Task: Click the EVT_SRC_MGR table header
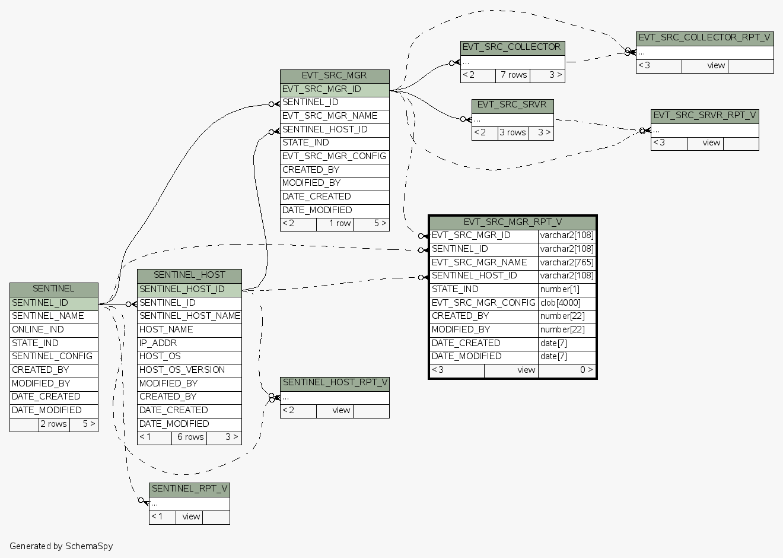coord(335,76)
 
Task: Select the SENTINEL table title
coord(53,289)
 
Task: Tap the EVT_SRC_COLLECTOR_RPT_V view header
coord(704,38)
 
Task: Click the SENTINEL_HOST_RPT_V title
coord(335,383)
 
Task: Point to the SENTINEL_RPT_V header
coord(189,489)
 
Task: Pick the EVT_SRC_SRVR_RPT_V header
coord(704,116)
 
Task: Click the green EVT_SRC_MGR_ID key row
coord(335,90)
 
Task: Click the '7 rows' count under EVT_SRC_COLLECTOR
coord(513,75)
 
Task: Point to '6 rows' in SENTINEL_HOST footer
coord(190,437)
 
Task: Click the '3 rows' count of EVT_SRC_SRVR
coord(513,133)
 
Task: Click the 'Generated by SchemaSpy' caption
coord(61,546)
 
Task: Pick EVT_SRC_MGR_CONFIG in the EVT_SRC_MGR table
coord(334,157)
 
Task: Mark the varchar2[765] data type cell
coord(566,262)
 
